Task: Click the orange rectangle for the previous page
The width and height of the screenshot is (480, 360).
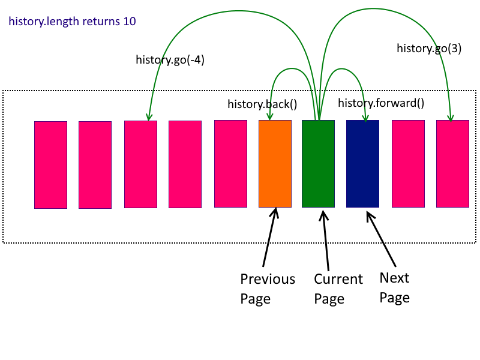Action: pyautogui.click(x=275, y=163)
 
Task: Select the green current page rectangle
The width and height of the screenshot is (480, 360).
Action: pyautogui.click(x=318, y=163)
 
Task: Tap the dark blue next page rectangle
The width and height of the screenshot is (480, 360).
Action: pyautogui.click(x=362, y=163)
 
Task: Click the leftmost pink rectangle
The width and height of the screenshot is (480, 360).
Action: pyautogui.click(x=50, y=164)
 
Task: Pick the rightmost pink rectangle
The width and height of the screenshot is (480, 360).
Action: pyautogui.click(x=452, y=163)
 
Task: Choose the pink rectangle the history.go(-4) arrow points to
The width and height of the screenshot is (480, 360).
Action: pyautogui.click(x=140, y=164)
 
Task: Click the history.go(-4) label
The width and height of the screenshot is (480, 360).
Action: pyautogui.click(x=170, y=59)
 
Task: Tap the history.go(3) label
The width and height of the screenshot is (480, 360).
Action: pyautogui.click(x=429, y=49)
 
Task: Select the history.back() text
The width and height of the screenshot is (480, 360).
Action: pyautogui.click(x=262, y=104)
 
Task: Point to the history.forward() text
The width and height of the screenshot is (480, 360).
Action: pyautogui.click(x=381, y=103)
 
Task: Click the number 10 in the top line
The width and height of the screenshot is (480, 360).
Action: pyautogui.click(x=129, y=22)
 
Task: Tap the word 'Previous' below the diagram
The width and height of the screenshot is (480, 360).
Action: pyautogui.click(x=268, y=279)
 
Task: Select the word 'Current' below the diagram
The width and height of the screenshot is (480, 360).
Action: pyautogui.click(x=338, y=279)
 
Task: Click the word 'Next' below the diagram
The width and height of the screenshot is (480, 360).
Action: pyautogui.click(x=394, y=278)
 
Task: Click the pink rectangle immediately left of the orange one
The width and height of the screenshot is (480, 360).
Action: pyautogui.click(x=230, y=163)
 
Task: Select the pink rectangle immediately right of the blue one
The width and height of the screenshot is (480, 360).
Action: pyautogui.click(x=408, y=163)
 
